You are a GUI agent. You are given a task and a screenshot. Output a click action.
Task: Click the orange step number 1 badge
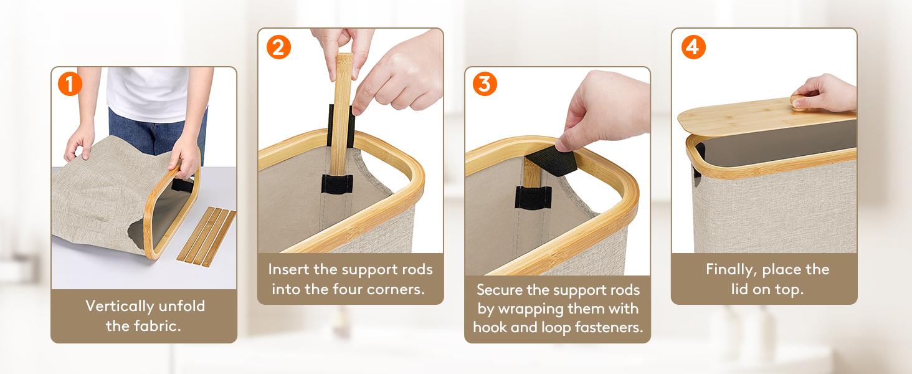click(x=70, y=84)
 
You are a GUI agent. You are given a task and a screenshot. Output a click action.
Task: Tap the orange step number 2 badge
click(x=279, y=47)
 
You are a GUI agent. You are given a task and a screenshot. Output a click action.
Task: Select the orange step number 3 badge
click(x=485, y=84)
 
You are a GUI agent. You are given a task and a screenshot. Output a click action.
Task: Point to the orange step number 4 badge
click(x=693, y=47)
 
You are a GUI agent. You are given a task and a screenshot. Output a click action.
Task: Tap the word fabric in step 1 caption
click(x=158, y=326)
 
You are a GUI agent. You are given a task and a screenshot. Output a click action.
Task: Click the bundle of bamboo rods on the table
click(x=206, y=237)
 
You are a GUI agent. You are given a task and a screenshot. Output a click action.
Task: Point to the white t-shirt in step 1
click(x=148, y=94)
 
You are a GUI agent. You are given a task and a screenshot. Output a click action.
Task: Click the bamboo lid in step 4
click(x=766, y=118)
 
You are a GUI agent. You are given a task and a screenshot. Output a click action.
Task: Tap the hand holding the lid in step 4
click(x=824, y=93)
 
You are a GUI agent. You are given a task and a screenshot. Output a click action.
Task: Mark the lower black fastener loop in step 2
click(x=337, y=184)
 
